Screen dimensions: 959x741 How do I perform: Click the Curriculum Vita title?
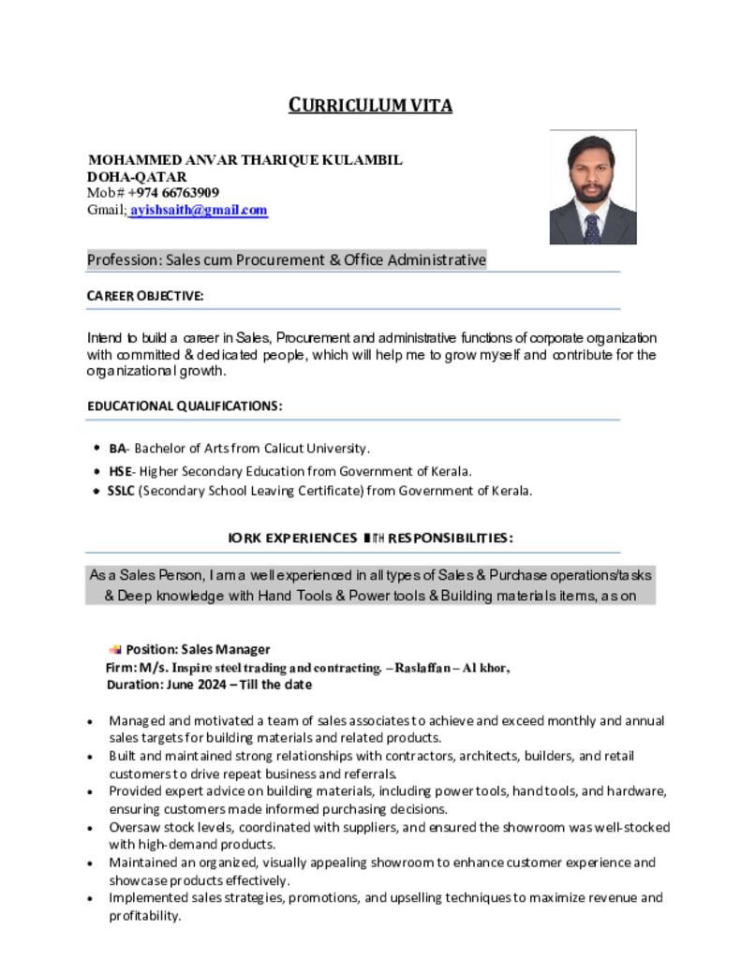370,105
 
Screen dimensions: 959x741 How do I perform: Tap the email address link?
199,211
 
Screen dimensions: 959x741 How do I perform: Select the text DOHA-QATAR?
137,177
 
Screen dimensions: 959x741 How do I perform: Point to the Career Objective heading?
145,296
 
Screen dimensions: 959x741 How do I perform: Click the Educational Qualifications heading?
185,406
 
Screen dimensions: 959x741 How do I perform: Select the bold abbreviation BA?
116,449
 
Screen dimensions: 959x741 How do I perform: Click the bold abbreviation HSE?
119,471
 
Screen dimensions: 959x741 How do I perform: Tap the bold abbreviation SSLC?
121,491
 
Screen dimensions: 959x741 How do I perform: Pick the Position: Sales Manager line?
198,649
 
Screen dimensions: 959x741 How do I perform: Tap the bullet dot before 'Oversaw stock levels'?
89,828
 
